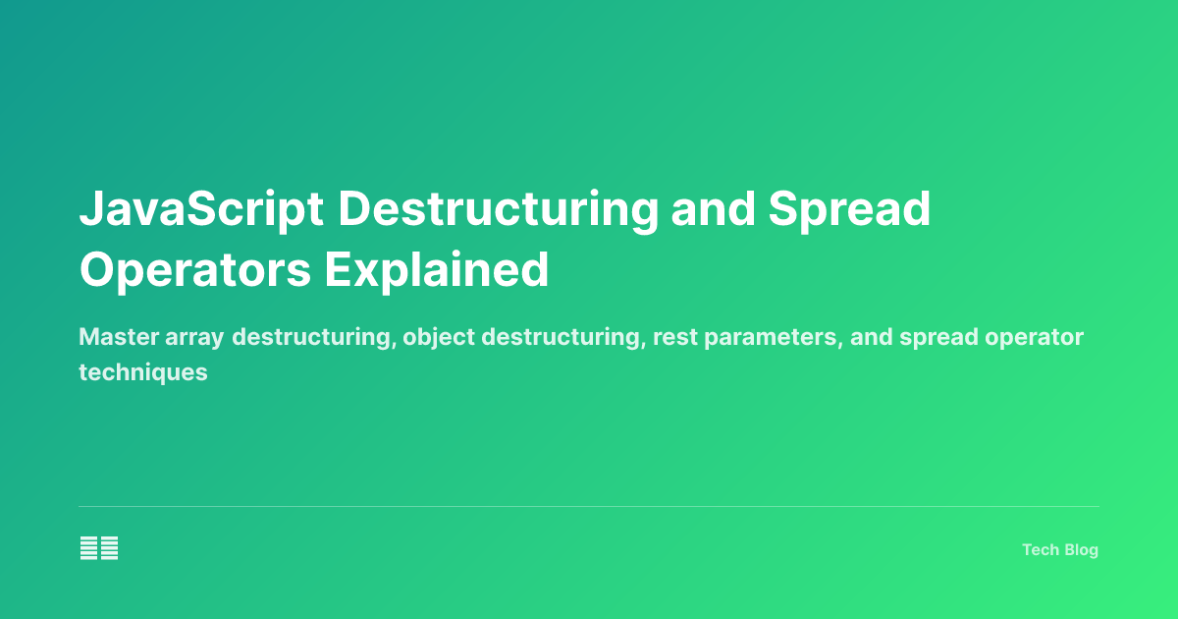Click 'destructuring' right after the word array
(x=312, y=337)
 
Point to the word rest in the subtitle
(x=660, y=337)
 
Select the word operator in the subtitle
(x=1039, y=337)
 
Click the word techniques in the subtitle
(x=143, y=372)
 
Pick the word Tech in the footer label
(x=1040, y=550)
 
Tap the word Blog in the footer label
(x=1080, y=550)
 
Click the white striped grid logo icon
(x=99, y=548)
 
